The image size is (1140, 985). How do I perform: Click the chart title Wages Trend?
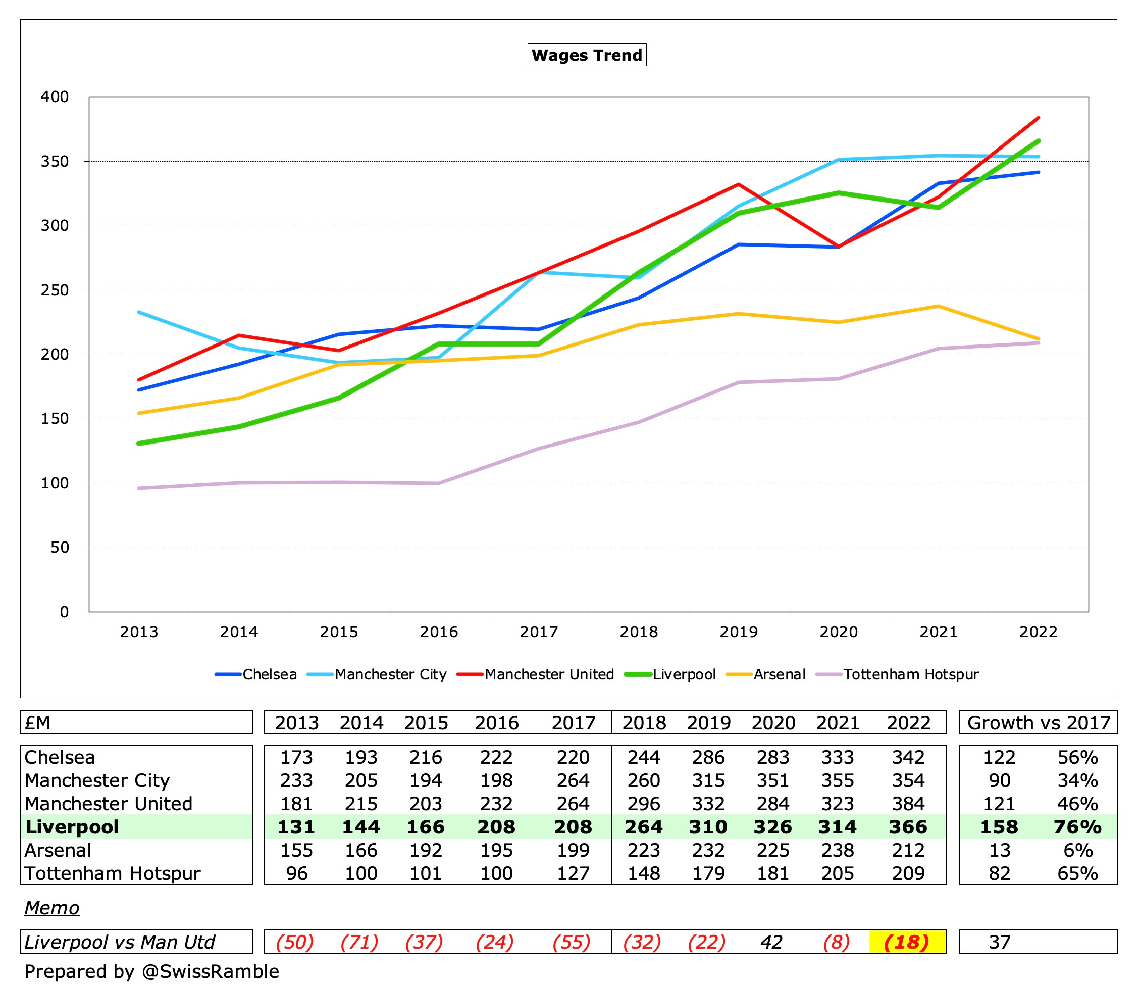pyautogui.click(x=587, y=55)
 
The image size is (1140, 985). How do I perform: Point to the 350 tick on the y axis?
pyautogui.click(x=55, y=161)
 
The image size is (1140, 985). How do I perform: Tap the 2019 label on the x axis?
pyautogui.click(x=738, y=631)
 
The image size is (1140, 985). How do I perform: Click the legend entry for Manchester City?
pyautogui.click(x=390, y=674)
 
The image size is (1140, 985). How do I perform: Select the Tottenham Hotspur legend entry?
pyautogui.click(x=911, y=674)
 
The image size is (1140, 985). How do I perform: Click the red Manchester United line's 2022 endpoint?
pyautogui.click(x=1038, y=118)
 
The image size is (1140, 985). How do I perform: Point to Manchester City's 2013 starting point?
pyautogui.click(x=139, y=312)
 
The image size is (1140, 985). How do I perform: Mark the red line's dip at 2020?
pyautogui.click(x=839, y=246)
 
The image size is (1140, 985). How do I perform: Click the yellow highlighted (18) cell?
pyautogui.click(x=907, y=942)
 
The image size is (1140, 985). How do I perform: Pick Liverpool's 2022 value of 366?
pyautogui.click(x=908, y=827)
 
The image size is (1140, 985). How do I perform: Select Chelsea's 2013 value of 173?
pyautogui.click(x=296, y=758)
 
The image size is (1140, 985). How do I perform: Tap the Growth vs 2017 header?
pyautogui.click(x=1038, y=723)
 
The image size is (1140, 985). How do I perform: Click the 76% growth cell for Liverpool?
pyautogui.click(x=1077, y=827)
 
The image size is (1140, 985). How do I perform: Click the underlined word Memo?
pyautogui.click(x=51, y=908)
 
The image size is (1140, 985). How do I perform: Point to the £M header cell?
pyautogui.click(x=37, y=723)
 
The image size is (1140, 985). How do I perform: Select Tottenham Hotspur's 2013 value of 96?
pyautogui.click(x=296, y=874)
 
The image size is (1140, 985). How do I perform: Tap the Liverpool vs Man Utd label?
pyautogui.click(x=119, y=942)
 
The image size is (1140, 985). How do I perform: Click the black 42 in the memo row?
pyautogui.click(x=771, y=942)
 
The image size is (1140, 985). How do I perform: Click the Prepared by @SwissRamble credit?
pyautogui.click(x=151, y=971)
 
